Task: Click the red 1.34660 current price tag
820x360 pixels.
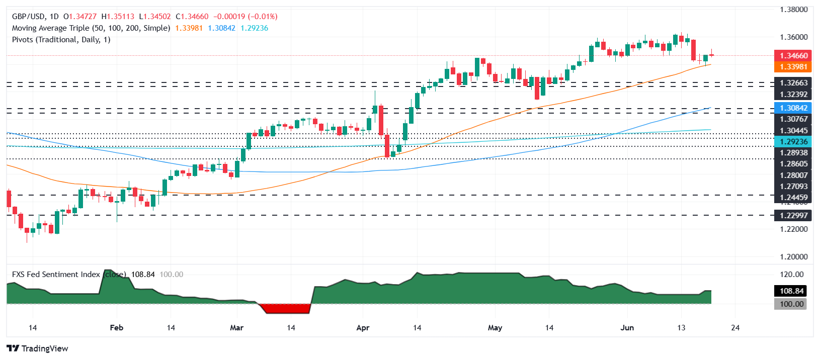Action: tap(793, 56)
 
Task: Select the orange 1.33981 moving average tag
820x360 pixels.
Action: tap(793, 67)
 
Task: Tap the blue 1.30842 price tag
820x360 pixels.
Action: tap(793, 108)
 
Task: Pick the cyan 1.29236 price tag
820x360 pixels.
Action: tap(793, 142)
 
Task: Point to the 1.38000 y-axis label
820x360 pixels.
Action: tap(793, 10)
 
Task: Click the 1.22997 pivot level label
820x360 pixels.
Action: tap(793, 216)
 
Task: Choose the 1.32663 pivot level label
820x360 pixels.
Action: tap(793, 83)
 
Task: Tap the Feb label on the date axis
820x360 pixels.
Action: tap(116, 328)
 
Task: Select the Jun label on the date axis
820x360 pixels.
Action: tap(627, 328)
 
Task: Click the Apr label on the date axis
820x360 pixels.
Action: tap(363, 328)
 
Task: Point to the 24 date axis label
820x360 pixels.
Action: tap(735, 328)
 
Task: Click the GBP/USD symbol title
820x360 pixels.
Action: tap(28, 17)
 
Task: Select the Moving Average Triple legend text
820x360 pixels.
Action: tap(91, 28)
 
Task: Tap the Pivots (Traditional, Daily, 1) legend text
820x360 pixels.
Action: tap(61, 40)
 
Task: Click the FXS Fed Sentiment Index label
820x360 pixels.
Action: tap(56, 275)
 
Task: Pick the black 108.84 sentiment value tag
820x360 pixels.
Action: tap(791, 291)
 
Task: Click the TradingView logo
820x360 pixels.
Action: tap(38, 348)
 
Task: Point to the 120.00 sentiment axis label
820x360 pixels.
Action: tap(791, 275)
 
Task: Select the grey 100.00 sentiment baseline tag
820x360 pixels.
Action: tap(791, 304)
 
